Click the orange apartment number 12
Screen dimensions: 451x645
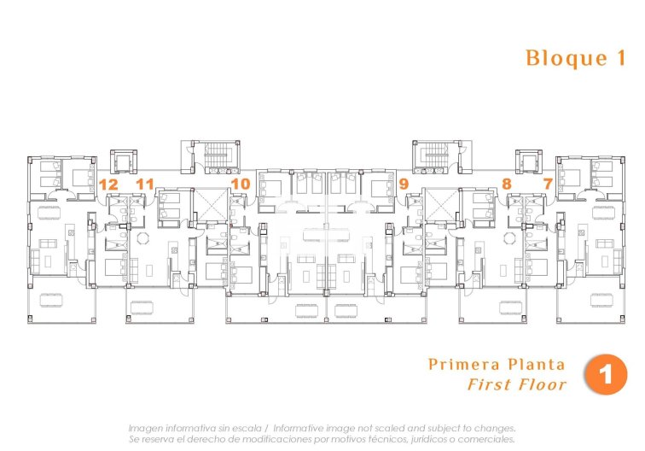(x=107, y=184)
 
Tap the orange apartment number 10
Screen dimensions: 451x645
(x=241, y=184)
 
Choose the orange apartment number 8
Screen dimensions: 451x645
(x=507, y=184)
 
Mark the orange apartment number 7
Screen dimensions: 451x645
(x=547, y=184)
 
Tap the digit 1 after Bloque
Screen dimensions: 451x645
(x=620, y=58)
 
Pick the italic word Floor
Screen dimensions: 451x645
(x=542, y=384)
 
